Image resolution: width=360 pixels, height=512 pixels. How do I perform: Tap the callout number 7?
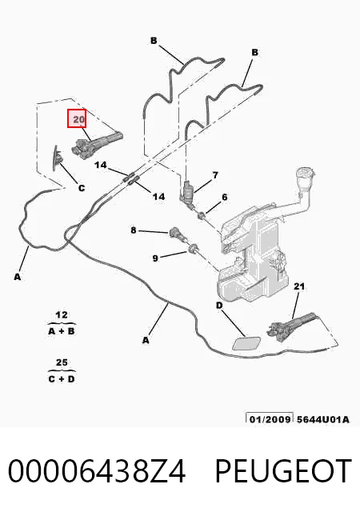[x=215, y=175]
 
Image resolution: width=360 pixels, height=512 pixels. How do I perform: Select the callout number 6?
[x=225, y=198]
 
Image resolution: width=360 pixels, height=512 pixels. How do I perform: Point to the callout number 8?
[x=134, y=230]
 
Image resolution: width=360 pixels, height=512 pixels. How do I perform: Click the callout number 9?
[x=155, y=258]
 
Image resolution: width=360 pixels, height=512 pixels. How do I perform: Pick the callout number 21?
[x=299, y=286]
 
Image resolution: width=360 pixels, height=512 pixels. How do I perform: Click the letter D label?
[x=219, y=306]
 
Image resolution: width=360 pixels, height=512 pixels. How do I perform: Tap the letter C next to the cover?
[x=82, y=188]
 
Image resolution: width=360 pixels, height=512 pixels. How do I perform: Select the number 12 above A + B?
[x=62, y=315]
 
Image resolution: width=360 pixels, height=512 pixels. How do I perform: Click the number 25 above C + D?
[x=62, y=362]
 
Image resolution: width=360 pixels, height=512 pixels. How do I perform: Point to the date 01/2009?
[x=270, y=419]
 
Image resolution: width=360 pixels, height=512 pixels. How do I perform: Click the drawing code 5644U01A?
[x=322, y=419]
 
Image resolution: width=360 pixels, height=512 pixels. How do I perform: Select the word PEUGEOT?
[x=283, y=470]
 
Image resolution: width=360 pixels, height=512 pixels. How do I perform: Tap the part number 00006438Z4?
[x=97, y=470]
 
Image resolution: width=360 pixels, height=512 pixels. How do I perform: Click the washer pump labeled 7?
[x=188, y=194]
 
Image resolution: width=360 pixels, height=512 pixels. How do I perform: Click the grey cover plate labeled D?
[x=248, y=344]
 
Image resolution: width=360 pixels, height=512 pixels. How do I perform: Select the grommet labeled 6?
[x=202, y=215]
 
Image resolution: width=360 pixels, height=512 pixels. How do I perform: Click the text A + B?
[x=62, y=331]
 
